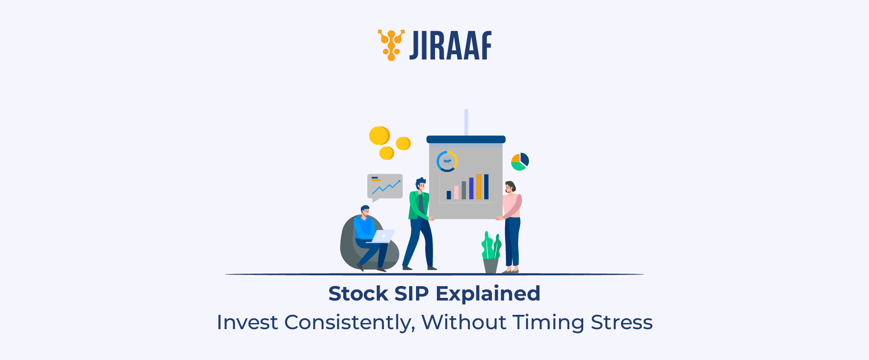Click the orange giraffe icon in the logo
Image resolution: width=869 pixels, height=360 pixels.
(391, 45)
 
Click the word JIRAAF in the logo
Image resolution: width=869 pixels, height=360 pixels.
(450, 46)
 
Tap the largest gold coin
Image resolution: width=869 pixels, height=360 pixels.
(379, 135)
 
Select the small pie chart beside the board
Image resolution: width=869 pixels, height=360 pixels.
(520, 162)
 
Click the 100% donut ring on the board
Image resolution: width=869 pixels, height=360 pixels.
(447, 161)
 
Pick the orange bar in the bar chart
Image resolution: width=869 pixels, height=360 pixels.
(479, 187)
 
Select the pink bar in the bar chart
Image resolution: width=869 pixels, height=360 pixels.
(456, 192)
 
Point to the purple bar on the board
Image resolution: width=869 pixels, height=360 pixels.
(471, 188)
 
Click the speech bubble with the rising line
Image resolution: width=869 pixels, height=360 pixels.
(385, 186)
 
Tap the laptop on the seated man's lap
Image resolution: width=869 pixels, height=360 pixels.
(382, 236)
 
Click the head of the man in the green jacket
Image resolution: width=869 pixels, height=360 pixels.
(420, 184)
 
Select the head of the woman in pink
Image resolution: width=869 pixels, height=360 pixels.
(510, 187)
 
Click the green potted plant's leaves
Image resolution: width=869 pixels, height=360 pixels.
(491, 245)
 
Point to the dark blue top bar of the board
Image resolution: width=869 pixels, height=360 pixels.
(466, 139)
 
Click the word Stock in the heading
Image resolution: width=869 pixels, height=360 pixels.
(358, 294)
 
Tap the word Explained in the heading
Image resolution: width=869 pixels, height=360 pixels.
(488, 294)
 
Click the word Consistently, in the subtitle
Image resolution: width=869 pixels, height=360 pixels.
(347, 323)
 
